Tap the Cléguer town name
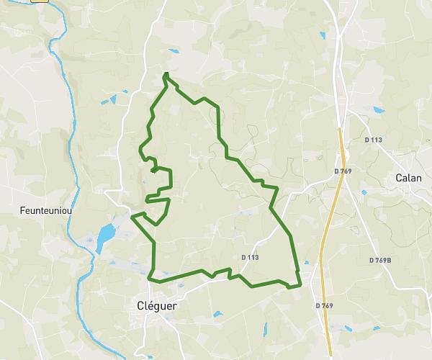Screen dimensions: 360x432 click(156, 305)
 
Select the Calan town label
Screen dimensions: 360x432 click(408, 178)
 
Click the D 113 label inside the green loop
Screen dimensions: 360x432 click(250, 256)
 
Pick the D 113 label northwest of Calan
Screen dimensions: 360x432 click(372, 140)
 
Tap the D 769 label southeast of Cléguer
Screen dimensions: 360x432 click(324, 306)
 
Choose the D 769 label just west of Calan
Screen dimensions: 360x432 click(343, 171)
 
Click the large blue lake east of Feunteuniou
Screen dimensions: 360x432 click(105, 235)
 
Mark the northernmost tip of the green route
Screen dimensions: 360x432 click(166, 73)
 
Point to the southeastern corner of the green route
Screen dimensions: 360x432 click(298, 287)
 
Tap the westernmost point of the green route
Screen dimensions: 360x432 click(132, 215)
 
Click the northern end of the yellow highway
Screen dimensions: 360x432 click(341, 130)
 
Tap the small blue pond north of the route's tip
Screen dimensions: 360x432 click(173, 50)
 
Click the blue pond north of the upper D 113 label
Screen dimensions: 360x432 click(379, 110)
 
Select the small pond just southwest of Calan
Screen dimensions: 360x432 click(364, 193)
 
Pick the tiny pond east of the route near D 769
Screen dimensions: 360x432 click(307, 263)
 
